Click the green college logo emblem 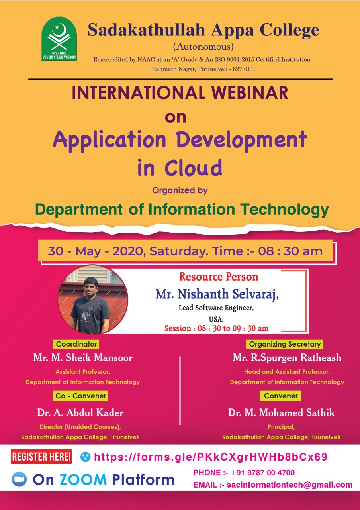(59, 38)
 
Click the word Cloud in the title (193, 168)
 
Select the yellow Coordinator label (76, 344)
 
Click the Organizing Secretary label (285, 344)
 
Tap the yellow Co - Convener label (80, 396)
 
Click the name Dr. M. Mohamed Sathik (281, 412)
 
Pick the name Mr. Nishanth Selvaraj (217, 294)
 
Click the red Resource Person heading (219, 277)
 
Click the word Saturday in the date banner (179, 251)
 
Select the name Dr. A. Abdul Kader (80, 412)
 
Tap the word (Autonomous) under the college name (203, 47)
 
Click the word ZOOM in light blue (83, 479)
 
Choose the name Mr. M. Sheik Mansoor (83, 357)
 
